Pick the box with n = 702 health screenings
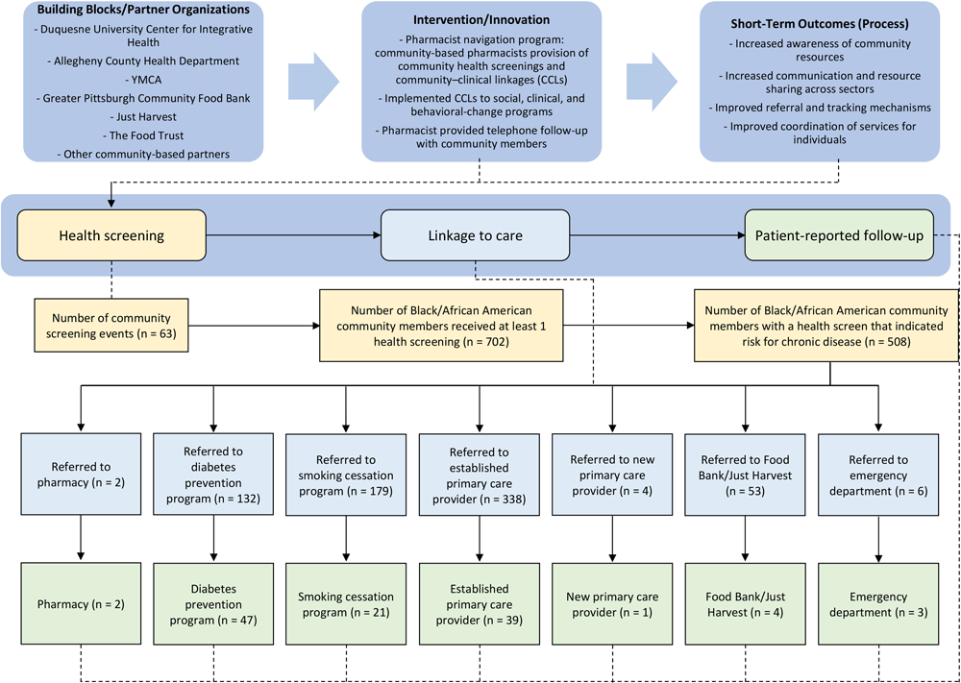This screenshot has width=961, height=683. [x=441, y=328]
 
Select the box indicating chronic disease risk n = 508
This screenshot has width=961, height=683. [x=825, y=328]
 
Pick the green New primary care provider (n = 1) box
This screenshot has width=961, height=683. [x=611, y=604]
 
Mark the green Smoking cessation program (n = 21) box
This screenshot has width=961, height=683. [x=345, y=604]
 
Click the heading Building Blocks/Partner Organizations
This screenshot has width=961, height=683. [x=141, y=11]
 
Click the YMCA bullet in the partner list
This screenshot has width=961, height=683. [x=141, y=99]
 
